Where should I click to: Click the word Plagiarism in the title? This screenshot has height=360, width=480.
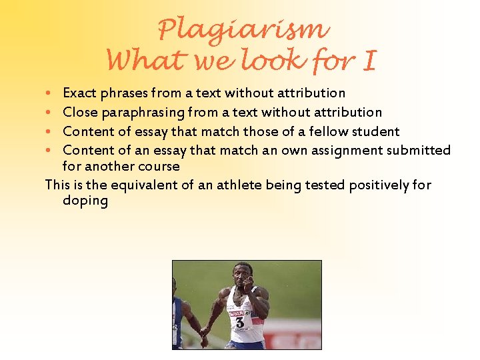[x=243, y=29]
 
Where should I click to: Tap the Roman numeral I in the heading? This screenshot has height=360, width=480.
[x=368, y=61]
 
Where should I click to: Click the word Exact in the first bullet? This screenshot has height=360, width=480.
[x=79, y=93]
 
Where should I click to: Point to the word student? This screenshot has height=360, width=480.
[x=374, y=131]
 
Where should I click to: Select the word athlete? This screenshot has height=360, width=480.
[x=237, y=185]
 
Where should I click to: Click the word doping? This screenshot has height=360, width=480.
[x=85, y=200]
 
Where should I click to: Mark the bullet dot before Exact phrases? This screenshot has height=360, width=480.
[x=51, y=93]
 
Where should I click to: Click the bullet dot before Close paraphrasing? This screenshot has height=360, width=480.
[x=51, y=113]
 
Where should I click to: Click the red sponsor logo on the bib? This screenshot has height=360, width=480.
[x=235, y=312]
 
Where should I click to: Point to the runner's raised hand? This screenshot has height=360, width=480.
[x=248, y=283]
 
